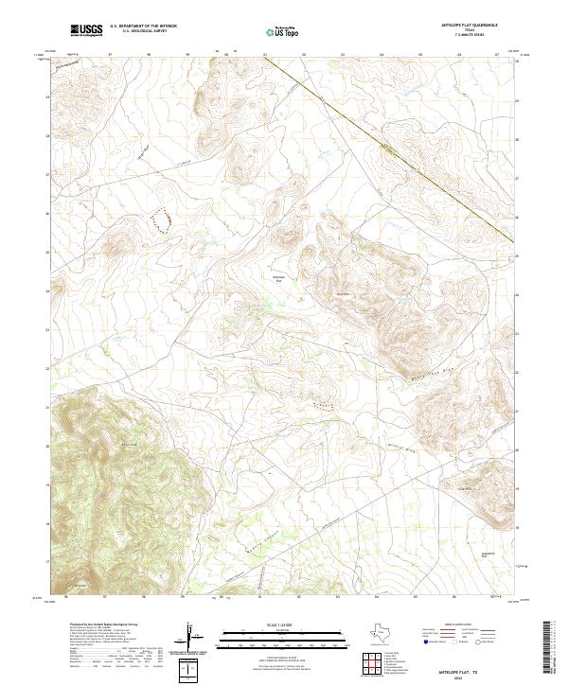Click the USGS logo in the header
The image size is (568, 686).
[87, 31]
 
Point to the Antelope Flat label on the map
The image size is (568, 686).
[278, 277]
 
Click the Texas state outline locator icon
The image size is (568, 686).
[385, 634]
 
